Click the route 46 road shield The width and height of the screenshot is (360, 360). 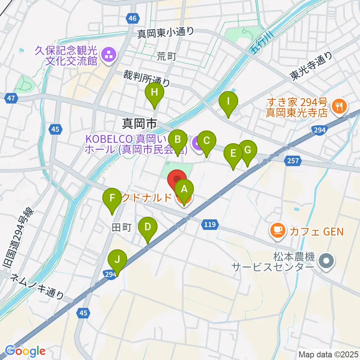point(132,18)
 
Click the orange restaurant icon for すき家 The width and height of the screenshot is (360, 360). point(340,106)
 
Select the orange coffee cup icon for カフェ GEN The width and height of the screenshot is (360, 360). point(278,229)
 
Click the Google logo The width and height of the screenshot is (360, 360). point(25,351)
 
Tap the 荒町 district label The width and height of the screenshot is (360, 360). point(166,57)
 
